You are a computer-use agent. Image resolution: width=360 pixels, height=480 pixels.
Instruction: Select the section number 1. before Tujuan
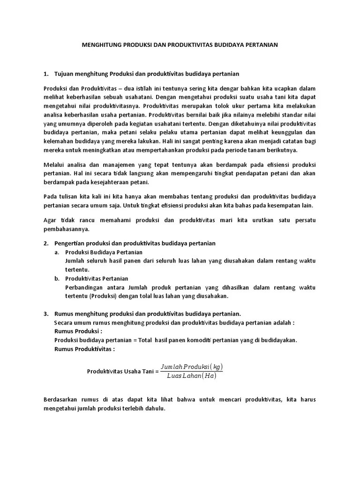[46, 74]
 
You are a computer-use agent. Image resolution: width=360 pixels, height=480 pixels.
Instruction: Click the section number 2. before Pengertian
[46, 244]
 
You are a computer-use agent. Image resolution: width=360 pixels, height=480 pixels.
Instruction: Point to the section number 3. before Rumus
[46, 314]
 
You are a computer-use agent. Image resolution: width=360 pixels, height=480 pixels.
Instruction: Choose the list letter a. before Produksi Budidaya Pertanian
[57, 252]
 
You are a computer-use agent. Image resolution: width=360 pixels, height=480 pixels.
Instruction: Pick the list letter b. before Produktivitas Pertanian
[57, 278]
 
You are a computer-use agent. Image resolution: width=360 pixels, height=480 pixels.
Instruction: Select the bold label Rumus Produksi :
[78, 331]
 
